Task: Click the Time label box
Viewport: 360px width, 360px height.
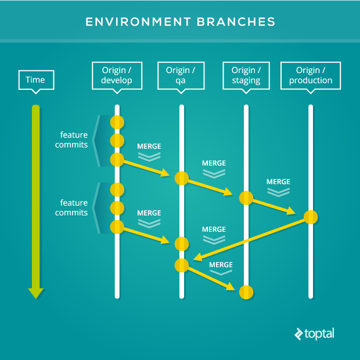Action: (x=36, y=80)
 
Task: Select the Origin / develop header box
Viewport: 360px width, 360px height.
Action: (x=117, y=75)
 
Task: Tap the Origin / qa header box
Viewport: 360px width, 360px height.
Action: (x=181, y=75)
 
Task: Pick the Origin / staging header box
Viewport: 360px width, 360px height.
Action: (x=246, y=75)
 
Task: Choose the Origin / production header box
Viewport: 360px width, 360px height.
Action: (x=311, y=75)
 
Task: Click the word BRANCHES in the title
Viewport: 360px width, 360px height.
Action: (x=236, y=22)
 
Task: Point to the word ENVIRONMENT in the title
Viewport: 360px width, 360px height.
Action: (x=138, y=22)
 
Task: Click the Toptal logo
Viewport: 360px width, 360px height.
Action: (x=314, y=334)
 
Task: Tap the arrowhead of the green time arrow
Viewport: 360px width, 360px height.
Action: (x=36, y=293)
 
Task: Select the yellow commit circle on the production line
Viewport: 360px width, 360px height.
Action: (x=311, y=217)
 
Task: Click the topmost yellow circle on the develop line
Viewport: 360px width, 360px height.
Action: (x=117, y=123)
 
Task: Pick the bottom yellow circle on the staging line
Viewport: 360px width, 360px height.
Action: (x=246, y=292)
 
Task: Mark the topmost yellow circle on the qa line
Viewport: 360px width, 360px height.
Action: (x=182, y=178)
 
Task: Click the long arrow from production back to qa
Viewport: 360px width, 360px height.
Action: (x=249, y=240)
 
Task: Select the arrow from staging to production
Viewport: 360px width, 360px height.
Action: (x=274, y=207)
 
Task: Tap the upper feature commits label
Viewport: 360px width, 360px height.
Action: (x=71, y=140)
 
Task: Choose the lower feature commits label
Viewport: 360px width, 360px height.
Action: (x=71, y=208)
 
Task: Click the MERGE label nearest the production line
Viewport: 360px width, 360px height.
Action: (x=278, y=182)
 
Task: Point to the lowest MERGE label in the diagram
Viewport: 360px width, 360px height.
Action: (x=221, y=265)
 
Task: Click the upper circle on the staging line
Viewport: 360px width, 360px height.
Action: (x=246, y=198)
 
